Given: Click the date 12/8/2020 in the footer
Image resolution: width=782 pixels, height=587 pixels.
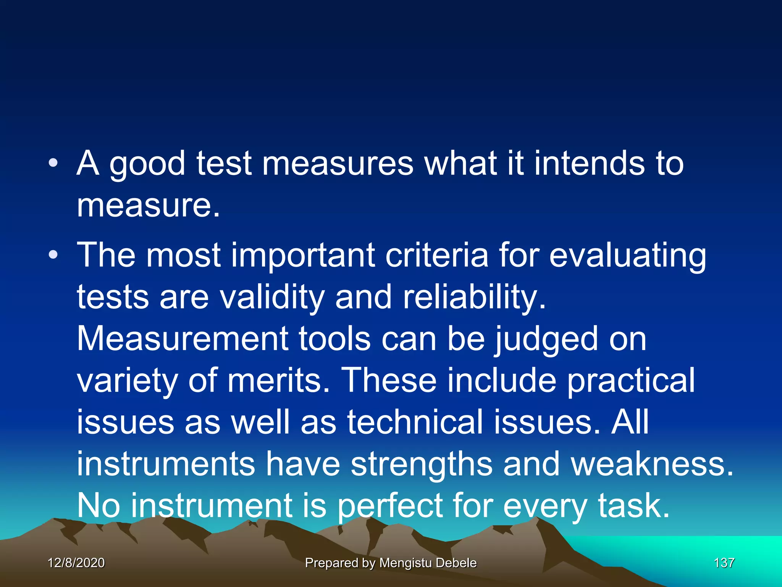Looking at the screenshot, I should [x=76, y=563].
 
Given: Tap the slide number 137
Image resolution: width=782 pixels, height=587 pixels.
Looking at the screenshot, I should [x=724, y=563].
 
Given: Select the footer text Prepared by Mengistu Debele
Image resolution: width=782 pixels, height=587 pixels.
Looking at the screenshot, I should [x=391, y=563].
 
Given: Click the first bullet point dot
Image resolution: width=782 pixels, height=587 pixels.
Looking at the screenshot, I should [x=53, y=163].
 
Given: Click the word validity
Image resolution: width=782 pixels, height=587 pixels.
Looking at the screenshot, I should [x=272, y=297].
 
